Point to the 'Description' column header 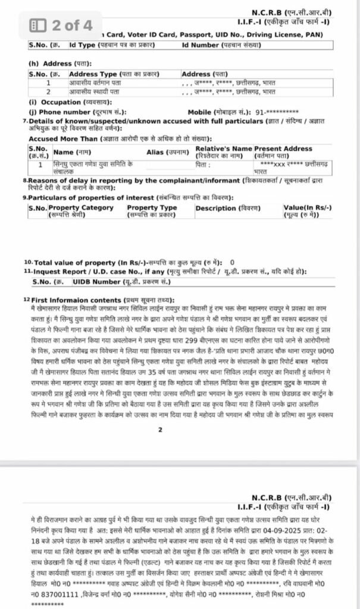216,208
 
